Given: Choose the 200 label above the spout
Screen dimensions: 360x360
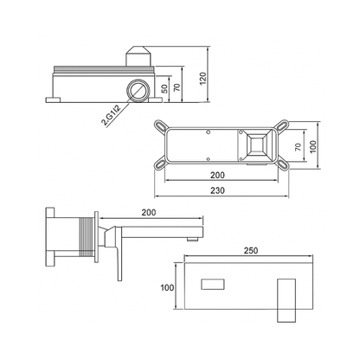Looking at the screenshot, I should pyautogui.click(x=149, y=211).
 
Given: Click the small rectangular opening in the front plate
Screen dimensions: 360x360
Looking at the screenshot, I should pyautogui.click(x=213, y=286).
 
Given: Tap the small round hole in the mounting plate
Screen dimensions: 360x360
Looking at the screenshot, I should pyautogui.click(x=210, y=132).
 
